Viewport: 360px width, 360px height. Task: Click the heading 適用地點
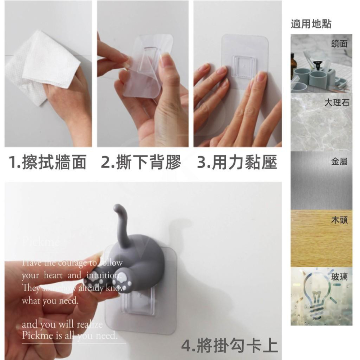tap(311, 24)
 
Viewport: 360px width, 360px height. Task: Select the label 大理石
tap(336, 103)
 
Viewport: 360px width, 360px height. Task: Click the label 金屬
tap(339, 162)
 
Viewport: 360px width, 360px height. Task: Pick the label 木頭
tap(339, 220)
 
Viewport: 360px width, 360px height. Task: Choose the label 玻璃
tap(339, 277)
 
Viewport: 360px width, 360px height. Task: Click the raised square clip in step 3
tap(245, 67)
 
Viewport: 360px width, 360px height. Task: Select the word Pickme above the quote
tap(40, 242)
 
